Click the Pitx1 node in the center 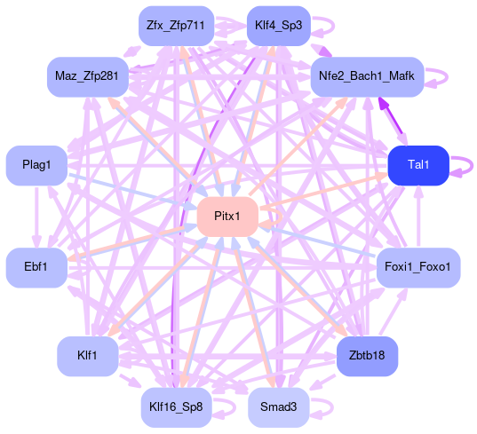point(227,217)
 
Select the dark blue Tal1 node point(418,165)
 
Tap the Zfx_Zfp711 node point(176,26)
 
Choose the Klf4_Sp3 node point(279,26)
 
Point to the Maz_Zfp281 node point(88,77)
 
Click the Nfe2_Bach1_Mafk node point(367,77)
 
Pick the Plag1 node point(36,165)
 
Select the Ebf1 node point(36,267)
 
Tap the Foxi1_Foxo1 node point(418,267)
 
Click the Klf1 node point(88,356)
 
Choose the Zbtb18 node point(367,356)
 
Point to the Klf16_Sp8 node point(176,407)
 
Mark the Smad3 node point(279,407)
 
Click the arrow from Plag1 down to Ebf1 point(36,217)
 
